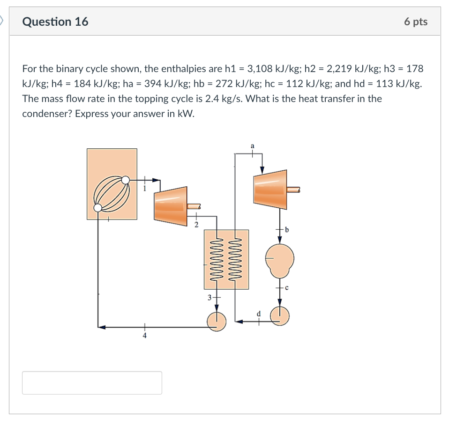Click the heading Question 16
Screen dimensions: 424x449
coord(55,22)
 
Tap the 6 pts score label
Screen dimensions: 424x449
coord(415,22)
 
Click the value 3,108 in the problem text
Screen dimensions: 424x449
coord(259,69)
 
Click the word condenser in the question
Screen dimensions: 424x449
coord(44,114)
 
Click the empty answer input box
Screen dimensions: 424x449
coord(92,382)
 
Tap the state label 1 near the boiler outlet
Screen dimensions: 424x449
coord(145,189)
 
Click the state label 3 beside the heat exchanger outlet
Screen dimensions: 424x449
coord(209,297)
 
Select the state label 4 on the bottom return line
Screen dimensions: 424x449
coord(145,336)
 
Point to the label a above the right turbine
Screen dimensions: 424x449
coord(253,146)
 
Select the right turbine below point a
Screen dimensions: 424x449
coord(269,190)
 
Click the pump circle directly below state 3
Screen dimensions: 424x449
coord(217,321)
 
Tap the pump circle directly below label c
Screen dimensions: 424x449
coord(280,316)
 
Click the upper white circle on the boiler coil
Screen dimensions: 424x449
coord(126,179)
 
